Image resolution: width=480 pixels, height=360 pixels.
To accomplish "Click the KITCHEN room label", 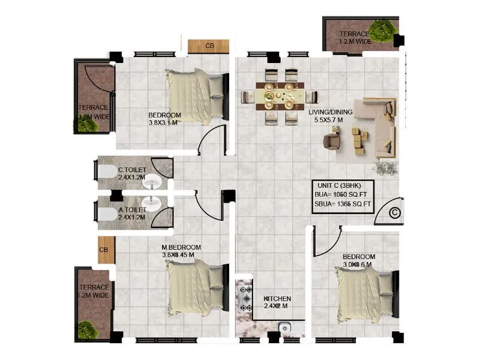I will pyautogui.click(x=277, y=298).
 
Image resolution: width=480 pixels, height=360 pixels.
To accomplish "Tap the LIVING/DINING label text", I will pyautogui.click(x=331, y=112).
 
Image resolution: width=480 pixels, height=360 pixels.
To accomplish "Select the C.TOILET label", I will pyautogui.click(x=131, y=170).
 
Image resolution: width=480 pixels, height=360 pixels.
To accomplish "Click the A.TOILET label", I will pyautogui.click(x=131, y=210).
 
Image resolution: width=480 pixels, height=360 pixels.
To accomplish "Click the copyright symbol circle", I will pyautogui.click(x=395, y=212).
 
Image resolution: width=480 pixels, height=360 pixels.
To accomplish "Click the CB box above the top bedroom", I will pyautogui.click(x=209, y=46).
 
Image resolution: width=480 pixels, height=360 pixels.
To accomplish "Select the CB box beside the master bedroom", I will pyautogui.click(x=104, y=250).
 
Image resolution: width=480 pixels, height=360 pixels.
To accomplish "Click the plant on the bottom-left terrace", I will pyautogui.click(x=88, y=329).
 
